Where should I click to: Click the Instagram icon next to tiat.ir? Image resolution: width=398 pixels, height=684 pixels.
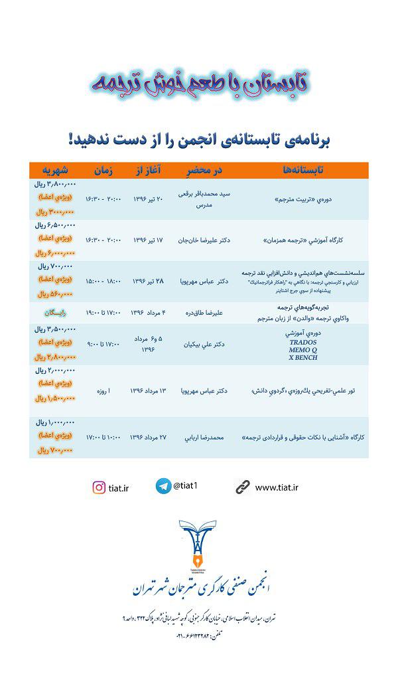pos(99,487)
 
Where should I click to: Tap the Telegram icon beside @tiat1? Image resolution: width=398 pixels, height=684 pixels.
pos(163,486)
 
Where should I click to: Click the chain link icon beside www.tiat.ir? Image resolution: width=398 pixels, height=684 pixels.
pos(243,487)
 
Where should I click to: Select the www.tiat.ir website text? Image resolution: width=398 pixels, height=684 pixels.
pos(277,487)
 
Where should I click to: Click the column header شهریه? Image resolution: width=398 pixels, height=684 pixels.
pos(55,170)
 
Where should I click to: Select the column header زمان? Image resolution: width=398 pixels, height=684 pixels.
pos(101,170)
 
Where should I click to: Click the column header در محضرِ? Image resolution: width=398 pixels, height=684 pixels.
pos(204,170)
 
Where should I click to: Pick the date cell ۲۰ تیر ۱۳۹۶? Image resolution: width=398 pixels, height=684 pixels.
pos(148,199)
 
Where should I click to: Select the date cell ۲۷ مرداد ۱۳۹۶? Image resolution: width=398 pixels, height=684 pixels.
pos(147,438)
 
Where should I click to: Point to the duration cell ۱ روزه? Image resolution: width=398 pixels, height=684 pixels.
pos(101,391)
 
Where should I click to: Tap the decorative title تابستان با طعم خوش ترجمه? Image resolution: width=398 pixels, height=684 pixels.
pos(199,80)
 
